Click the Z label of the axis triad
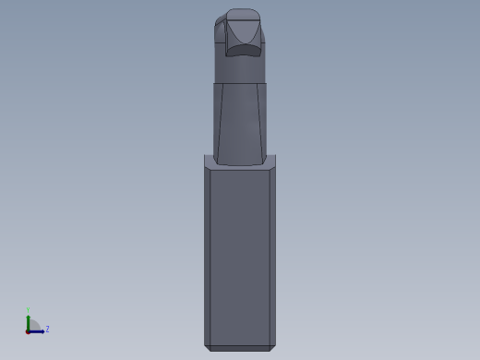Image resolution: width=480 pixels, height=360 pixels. pos(47,329)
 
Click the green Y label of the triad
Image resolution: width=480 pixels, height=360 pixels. pos(29,311)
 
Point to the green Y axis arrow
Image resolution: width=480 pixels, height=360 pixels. pos(29,321)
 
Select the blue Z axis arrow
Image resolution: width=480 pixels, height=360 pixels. pos(39,330)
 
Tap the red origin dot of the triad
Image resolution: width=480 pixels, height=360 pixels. pos(29,330)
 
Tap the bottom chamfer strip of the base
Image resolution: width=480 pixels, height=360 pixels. pos(240,348)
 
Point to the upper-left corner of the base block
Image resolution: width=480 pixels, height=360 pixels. pos(205,156)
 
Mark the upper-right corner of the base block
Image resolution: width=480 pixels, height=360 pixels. pos(275,156)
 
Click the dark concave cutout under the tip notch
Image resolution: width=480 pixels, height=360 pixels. pos(245,52)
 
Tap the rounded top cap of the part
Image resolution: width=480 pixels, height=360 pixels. pos(243,14)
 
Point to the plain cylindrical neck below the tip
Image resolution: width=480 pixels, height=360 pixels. pos(240,70)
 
